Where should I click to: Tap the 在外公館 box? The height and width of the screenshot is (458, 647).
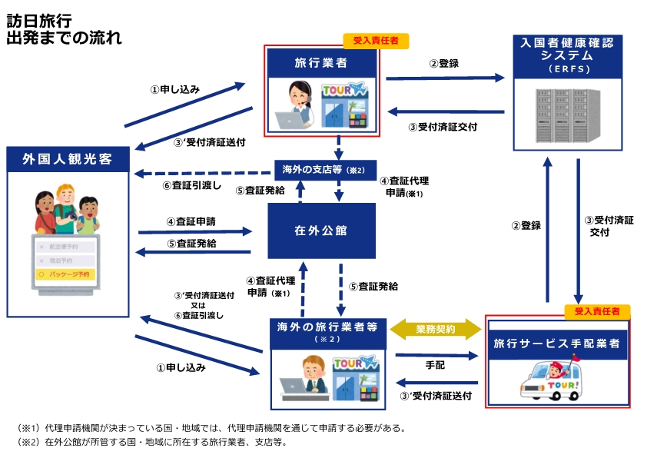(322, 231)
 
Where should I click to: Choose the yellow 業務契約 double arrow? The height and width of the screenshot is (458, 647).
(436, 328)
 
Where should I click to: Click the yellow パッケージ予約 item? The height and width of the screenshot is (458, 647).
(68, 273)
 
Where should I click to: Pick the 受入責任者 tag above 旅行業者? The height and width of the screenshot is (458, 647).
(376, 41)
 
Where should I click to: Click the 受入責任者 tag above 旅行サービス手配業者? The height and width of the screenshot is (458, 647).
(596, 311)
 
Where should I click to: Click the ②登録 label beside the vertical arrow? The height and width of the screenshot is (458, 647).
(526, 225)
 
